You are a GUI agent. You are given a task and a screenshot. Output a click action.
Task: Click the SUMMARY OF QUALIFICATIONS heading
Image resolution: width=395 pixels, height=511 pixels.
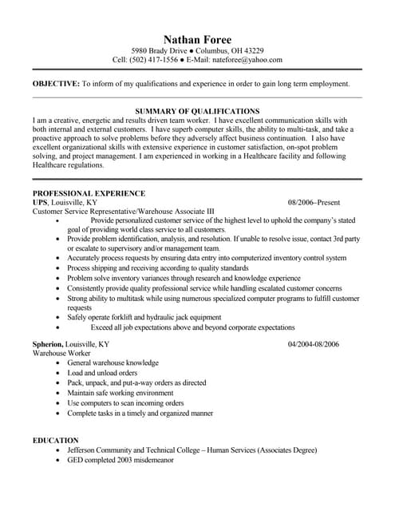pyautogui.click(x=197, y=110)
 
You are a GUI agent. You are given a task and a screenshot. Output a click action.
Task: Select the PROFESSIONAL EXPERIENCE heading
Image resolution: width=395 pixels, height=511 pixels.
pyautogui.click(x=89, y=193)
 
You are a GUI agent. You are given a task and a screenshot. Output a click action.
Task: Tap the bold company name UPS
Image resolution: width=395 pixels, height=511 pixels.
pyautogui.click(x=40, y=203)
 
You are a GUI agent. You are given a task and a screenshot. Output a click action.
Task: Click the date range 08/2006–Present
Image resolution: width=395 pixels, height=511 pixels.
pyautogui.click(x=314, y=203)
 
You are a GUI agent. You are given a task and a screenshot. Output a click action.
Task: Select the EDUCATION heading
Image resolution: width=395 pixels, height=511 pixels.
pyautogui.click(x=55, y=440)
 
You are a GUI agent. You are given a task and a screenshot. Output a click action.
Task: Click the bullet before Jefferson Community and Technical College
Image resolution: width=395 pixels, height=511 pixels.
pyautogui.click(x=57, y=450)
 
